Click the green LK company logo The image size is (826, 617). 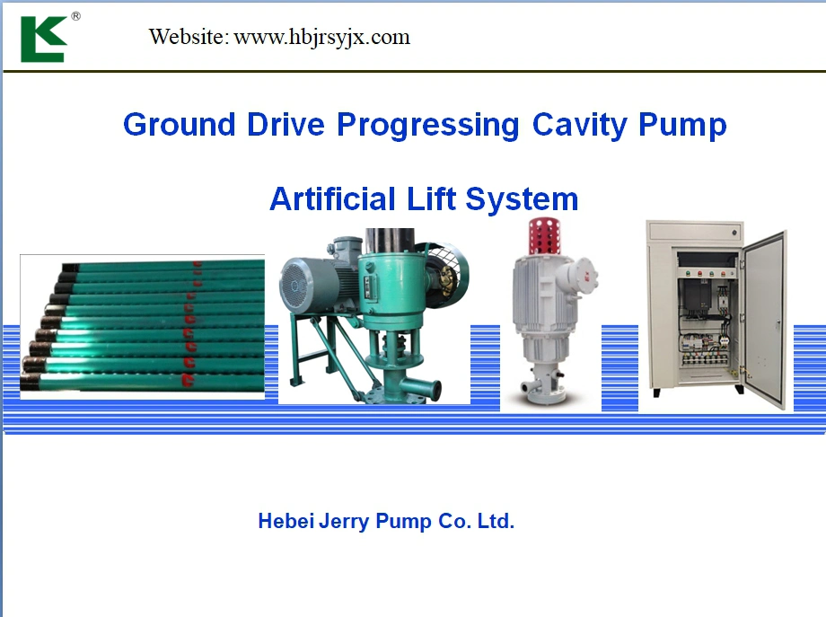[x=44, y=40]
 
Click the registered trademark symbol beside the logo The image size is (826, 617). [x=75, y=16]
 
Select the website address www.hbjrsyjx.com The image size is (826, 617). [x=321, y=38]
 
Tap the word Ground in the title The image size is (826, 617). [x=179, y=125]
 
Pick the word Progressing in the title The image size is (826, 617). [x=427, y=126]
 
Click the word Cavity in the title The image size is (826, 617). [x=579, y=126]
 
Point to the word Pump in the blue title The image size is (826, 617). [x=682, y=126]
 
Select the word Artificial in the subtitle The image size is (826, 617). [x=332, y=198]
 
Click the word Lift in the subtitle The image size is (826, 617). [x=431, y=198]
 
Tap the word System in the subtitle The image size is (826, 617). [x=522, y=199]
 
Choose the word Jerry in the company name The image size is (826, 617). [x=344, y=522]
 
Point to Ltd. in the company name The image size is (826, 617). [x=496, y=521]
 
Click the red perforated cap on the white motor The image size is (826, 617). [x=544, y=235]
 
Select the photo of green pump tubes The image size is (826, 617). [x=142, y=327]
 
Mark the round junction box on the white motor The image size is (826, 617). [x=584, y=274]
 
